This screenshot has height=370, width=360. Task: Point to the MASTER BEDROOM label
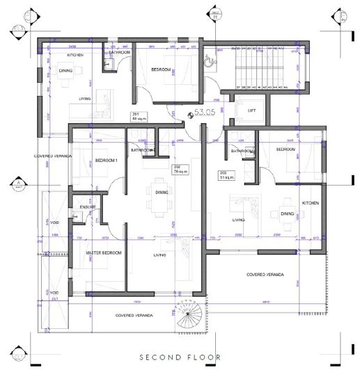click(104, 252)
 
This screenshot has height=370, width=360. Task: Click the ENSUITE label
click(88, 207)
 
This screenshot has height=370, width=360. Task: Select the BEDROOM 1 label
click(107, 161)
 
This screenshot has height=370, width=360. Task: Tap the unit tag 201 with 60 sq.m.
click(136, 116)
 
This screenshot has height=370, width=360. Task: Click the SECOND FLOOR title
click(180, 357)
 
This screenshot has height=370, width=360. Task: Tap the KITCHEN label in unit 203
click(310, 202)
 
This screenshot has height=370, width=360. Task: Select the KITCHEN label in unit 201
click(75, 54)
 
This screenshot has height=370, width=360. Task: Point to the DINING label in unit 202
click(162, 193)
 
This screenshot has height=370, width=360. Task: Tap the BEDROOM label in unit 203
click(287, 150)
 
